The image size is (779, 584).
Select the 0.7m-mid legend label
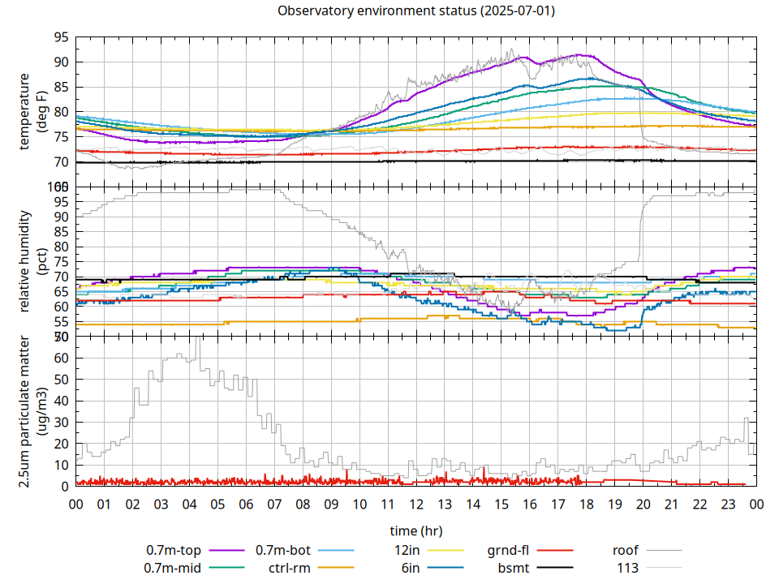coord(174,568)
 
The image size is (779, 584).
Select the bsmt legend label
coord(514,568)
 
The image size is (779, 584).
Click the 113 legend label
coord(628,568)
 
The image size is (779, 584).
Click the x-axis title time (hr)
coord(416,530)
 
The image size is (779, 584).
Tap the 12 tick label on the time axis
coord(416,504)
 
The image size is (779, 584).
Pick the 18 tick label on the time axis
coord(586,504)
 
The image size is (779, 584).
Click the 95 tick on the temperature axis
coord(62,37)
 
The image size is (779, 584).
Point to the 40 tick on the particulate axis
coord(62,401)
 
